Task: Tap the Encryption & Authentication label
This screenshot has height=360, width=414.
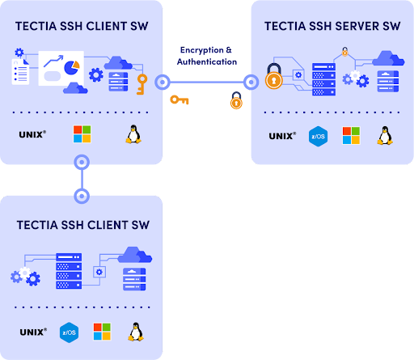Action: (207, 56)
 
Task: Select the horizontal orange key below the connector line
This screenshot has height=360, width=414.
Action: (180, 100)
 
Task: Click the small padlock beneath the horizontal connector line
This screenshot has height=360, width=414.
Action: (236, 100)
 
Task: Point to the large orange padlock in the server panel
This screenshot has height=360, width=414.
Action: (274, 76)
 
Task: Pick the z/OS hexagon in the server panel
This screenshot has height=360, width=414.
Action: (319, 136)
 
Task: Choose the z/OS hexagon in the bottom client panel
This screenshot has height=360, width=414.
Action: (70, 332)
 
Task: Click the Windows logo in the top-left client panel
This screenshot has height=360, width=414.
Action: (82, 133)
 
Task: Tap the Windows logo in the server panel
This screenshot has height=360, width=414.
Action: (351, 136)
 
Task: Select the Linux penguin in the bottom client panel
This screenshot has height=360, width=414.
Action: (136, 332)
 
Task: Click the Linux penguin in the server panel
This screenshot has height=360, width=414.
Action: (385, 135)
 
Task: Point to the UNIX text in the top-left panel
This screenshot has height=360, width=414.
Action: (32, 134)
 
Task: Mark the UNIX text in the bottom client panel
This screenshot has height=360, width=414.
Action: (33, 332)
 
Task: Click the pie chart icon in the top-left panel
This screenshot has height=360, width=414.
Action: (72, 68)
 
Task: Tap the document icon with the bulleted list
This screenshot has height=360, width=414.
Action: (20, 71)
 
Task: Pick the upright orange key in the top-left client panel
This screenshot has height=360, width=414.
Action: (142, 84)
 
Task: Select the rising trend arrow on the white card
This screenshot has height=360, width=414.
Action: (53, 61)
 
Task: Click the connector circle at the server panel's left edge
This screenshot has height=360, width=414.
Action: (251, 82)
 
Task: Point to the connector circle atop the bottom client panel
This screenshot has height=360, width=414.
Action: (82, 196)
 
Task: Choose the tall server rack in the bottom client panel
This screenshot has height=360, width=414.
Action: (69, 271)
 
